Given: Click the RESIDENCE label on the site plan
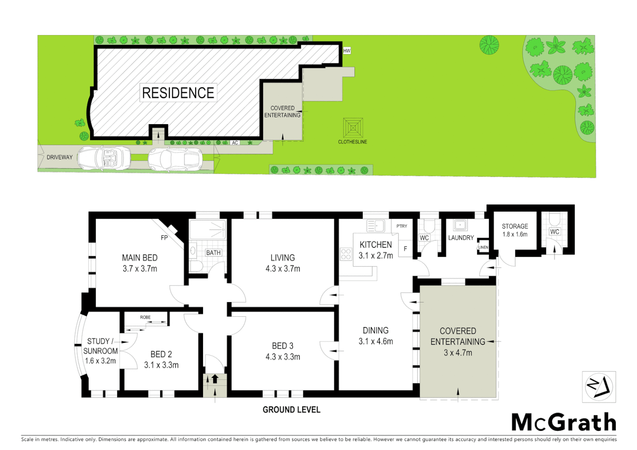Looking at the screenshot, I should (x=178, y=93).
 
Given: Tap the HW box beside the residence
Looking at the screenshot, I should (x=347, y=51).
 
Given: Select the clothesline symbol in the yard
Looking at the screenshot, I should (x=353, y=128).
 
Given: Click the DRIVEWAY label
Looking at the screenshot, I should (x=60, y=157).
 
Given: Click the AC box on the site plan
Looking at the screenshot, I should (x=235, y=142).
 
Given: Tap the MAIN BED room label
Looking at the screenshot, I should (x=140, y=258).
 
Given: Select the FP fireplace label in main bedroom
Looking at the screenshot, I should (x=164, y=237).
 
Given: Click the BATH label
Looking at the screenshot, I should (x=213, y=252).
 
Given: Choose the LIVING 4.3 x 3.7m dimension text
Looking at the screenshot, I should (x=283, y=269).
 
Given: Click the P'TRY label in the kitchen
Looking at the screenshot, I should (x=402, y=226).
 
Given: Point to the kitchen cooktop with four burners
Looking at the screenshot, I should (x=346, y=254).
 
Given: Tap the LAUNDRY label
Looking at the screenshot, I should (x=461, y=237).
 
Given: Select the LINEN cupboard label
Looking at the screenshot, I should (x=483, y=247).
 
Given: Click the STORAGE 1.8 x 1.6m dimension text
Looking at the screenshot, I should (x=515, y=234).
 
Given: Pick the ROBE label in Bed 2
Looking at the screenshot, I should (x=145, y=317).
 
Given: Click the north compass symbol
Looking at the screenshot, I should (x=599, y=387).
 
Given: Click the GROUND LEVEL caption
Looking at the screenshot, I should (x=291, y=410).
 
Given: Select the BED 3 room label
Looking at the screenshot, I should (x=283, y=346).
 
